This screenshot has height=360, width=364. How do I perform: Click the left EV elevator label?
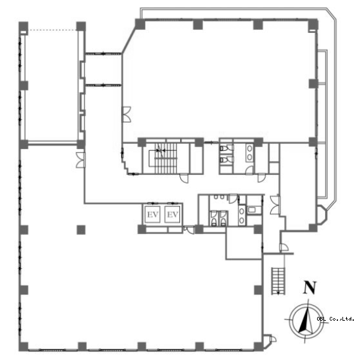point(153,215)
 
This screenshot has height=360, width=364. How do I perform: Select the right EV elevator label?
point(172,215)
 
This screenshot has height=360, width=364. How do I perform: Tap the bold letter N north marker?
point(310,288)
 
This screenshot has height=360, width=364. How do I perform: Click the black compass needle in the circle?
point(303,323)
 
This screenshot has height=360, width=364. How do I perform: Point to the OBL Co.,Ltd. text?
point(335,319)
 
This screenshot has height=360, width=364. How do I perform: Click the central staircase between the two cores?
point(166,158)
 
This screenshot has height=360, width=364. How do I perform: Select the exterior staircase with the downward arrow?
point(278,281)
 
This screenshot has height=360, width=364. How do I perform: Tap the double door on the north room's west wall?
point(127,114)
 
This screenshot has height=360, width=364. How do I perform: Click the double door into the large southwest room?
point(81,160)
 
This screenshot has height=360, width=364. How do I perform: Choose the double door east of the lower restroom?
point(275,205)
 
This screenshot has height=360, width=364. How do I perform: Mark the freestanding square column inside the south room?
point(81,229)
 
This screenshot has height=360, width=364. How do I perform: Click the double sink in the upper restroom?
point(250,152)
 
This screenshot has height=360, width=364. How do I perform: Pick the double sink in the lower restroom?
point(242,215)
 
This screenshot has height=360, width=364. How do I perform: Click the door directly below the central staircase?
point(185,178)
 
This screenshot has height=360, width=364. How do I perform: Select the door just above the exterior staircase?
point(283,248)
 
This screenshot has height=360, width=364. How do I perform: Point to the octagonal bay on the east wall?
point(322,215)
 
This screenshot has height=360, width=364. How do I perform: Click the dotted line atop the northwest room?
point(52,30)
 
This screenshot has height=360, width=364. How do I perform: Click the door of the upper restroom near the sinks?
point(249,170)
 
